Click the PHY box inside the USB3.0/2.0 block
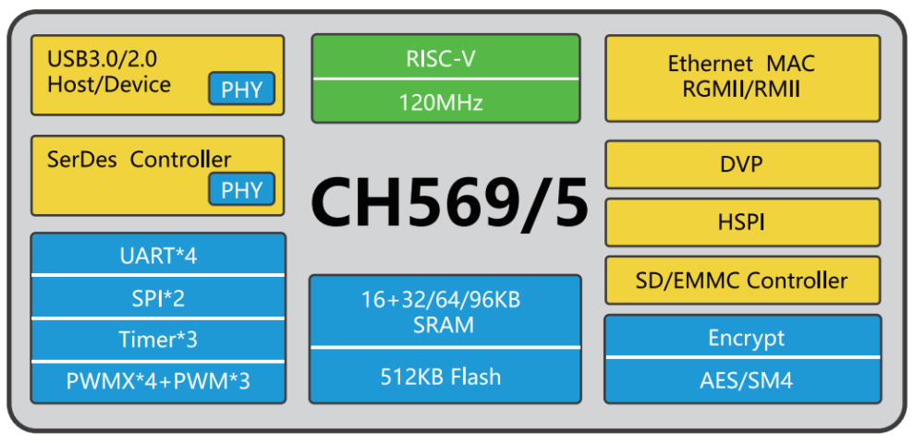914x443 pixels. tap(242, 90)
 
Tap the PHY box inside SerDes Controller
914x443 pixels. tap(242, 190)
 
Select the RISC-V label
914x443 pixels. tap(445, 58)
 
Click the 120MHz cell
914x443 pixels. tap(445, 102)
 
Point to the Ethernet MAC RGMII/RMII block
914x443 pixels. tap(741, 78)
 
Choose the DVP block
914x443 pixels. tap(741, 164)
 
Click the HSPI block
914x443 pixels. tap(741, 221)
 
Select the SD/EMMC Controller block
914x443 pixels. tap(741, 280)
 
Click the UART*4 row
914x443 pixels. tap(158, 255)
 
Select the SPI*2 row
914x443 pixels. tap(158, 297)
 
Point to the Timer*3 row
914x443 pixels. tap(158, 340)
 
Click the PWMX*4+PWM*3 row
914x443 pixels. tap(158, 381)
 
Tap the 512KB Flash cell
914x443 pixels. tap(445, 376)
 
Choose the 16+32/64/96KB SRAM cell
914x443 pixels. tap(445, 312)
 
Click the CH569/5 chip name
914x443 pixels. tap(449, 202)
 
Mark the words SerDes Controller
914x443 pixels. tap(139, 159)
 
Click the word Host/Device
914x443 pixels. tap(109, 85)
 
